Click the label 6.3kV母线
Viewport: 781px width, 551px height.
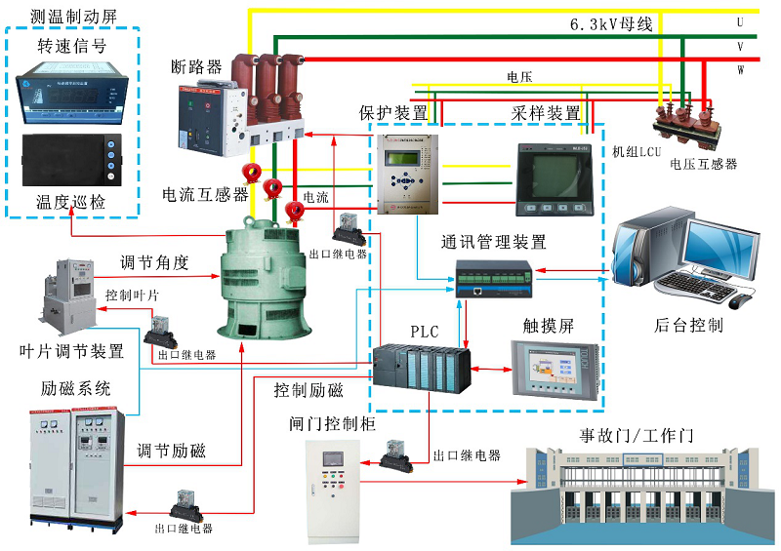[x=611, y=23]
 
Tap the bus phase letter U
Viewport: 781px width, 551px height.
[x=740, y=21]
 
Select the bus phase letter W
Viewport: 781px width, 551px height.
[x=740, y=69]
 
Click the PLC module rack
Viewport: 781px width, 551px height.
[x=421, y=368]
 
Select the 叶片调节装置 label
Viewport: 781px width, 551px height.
[x=72, y=351]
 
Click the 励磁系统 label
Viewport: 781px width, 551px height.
[x=76, y=388]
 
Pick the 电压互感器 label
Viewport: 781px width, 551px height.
[x=703, y=164]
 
